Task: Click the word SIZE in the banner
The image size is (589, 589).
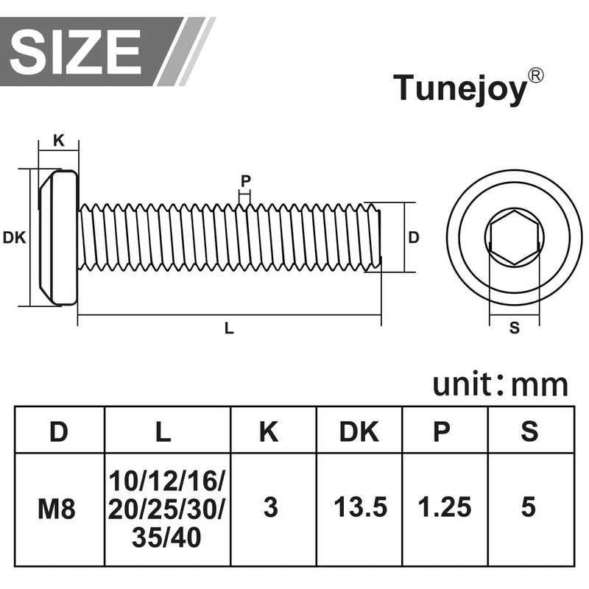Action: (76, 52)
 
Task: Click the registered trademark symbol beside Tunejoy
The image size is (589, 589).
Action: (536, 75)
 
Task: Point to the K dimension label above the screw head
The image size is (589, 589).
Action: (59, 141)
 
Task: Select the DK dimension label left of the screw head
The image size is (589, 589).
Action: (14, 237)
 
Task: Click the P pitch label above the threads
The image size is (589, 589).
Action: (245, 181)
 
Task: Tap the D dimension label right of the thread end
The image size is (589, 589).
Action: (413, 237)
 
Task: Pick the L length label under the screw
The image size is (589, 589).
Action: (229, 328)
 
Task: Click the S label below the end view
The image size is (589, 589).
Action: (514, 328)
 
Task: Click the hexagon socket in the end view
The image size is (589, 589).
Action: (514, 237)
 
